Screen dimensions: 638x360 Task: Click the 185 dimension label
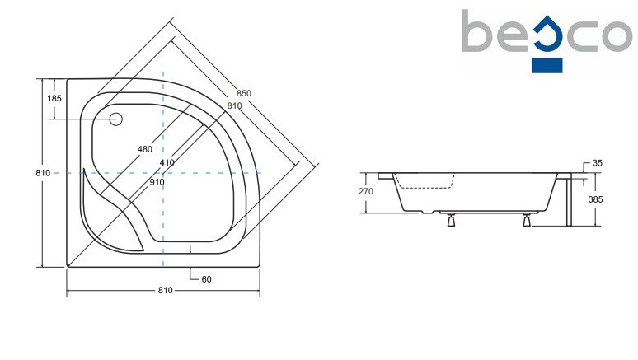point(54,99)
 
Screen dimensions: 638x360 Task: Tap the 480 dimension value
point(145,149)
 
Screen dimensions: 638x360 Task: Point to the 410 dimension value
point(167,163)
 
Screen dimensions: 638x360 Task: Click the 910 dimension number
point(157,182)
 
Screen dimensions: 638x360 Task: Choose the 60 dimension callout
point(206,279)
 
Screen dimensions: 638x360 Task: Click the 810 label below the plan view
point(164,290)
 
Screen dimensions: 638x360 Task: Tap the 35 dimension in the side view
point(598,163)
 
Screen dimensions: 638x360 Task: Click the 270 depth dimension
point(366,192)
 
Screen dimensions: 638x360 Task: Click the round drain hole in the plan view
point(115,120)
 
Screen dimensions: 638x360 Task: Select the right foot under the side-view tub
point(526,218)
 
